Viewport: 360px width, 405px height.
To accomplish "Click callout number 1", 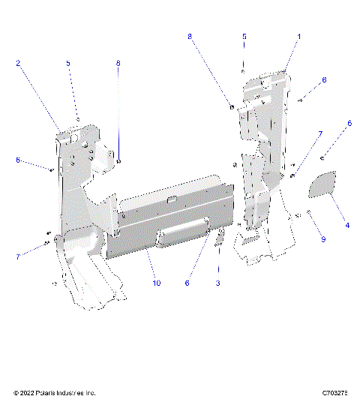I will pyautogui.click(x=298, y=36).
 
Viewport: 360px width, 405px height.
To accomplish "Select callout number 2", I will pyautogui.click(x=19, y=64).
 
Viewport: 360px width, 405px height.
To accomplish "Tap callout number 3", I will pyautogui.click(x=218, y=283).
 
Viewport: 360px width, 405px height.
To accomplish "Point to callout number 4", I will pyautogui.click(x=346, y=224).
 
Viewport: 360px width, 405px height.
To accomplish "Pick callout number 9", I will pyautogui.click(x=323, y=239).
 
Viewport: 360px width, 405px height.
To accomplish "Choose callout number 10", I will pyautogui.click(x=157, y=283).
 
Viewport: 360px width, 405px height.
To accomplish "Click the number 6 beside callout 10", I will pyautogui.click(x=187, y=283).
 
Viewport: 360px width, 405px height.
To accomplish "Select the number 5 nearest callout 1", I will pyautogui.click(x=244, y=36).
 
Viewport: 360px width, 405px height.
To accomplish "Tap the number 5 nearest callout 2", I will pyautogui.click(x=68, y=64).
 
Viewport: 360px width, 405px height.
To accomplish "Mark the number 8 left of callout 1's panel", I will pyautogui.click(x=190, y=36).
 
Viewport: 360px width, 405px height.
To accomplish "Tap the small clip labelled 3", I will pyautogui.click(x=220, y=239).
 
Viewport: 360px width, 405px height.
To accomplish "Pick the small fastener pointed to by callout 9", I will pyautogui.click(x=309, y=212).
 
